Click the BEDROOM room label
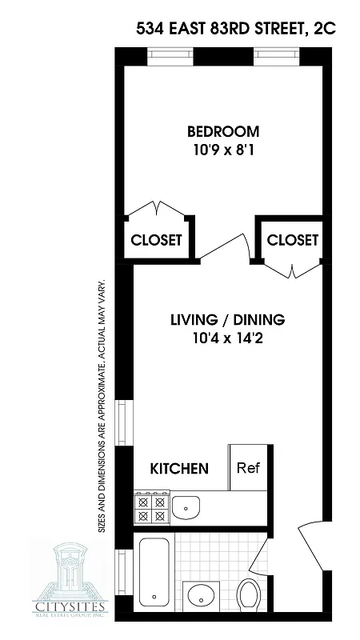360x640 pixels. point(223,131)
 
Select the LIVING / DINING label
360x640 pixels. point(227,321)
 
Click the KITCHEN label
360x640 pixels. point(181,468)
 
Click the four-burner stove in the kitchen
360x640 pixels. point(150,507)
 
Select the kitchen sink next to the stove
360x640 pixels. point(186,506)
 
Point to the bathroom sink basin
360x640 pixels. point(201,596)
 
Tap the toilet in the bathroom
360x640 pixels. point(250,594)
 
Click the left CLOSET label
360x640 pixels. point(157,239)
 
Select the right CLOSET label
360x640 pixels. point(292,239)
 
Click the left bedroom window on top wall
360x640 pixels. point(170,57)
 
